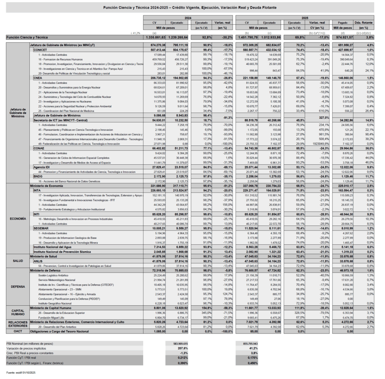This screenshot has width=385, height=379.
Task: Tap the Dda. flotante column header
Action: coord(364,23)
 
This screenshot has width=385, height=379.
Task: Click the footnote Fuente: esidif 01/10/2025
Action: coord(22,373)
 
